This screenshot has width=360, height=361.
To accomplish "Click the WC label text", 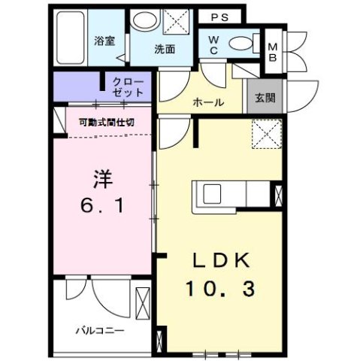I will (214, 44).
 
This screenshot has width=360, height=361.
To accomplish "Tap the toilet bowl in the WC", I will (241, 42).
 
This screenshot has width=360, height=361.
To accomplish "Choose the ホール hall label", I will (208, 101).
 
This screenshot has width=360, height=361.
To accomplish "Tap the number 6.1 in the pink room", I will (103, 205).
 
